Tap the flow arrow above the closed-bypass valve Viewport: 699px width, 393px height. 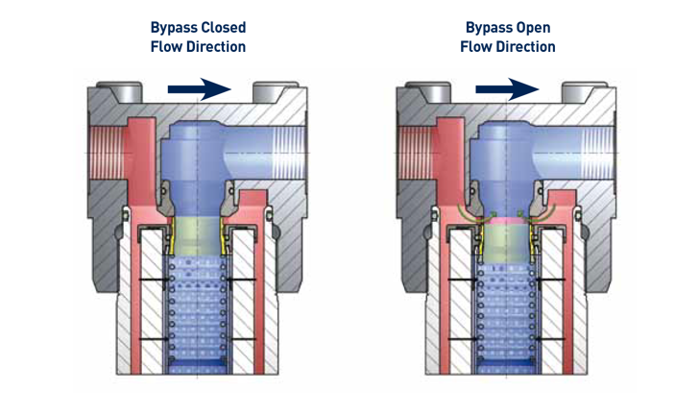tap(199, 89)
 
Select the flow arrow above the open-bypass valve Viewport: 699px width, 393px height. tap(507, 89)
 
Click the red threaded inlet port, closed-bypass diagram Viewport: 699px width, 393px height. tap(105, 153)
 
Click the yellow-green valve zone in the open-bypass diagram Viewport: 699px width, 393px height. tap(506, 240)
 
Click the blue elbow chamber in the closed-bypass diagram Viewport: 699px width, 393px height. tap(202, 154)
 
